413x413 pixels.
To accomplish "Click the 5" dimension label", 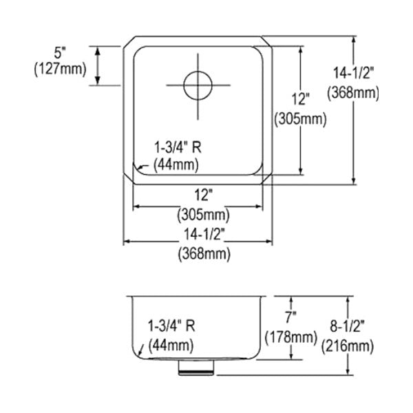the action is click(59, 53).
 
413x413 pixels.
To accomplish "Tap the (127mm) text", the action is click(61, 70).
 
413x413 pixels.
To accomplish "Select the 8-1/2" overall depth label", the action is click(347, 326).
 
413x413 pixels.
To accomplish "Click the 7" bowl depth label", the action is click(290, 317).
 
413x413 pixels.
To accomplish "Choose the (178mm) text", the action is click(290, 337).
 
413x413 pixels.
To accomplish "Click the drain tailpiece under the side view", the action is click(196, 368).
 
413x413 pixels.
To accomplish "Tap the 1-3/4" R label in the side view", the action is click(171, 326).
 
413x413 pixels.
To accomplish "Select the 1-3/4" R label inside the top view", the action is click(178, 147).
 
